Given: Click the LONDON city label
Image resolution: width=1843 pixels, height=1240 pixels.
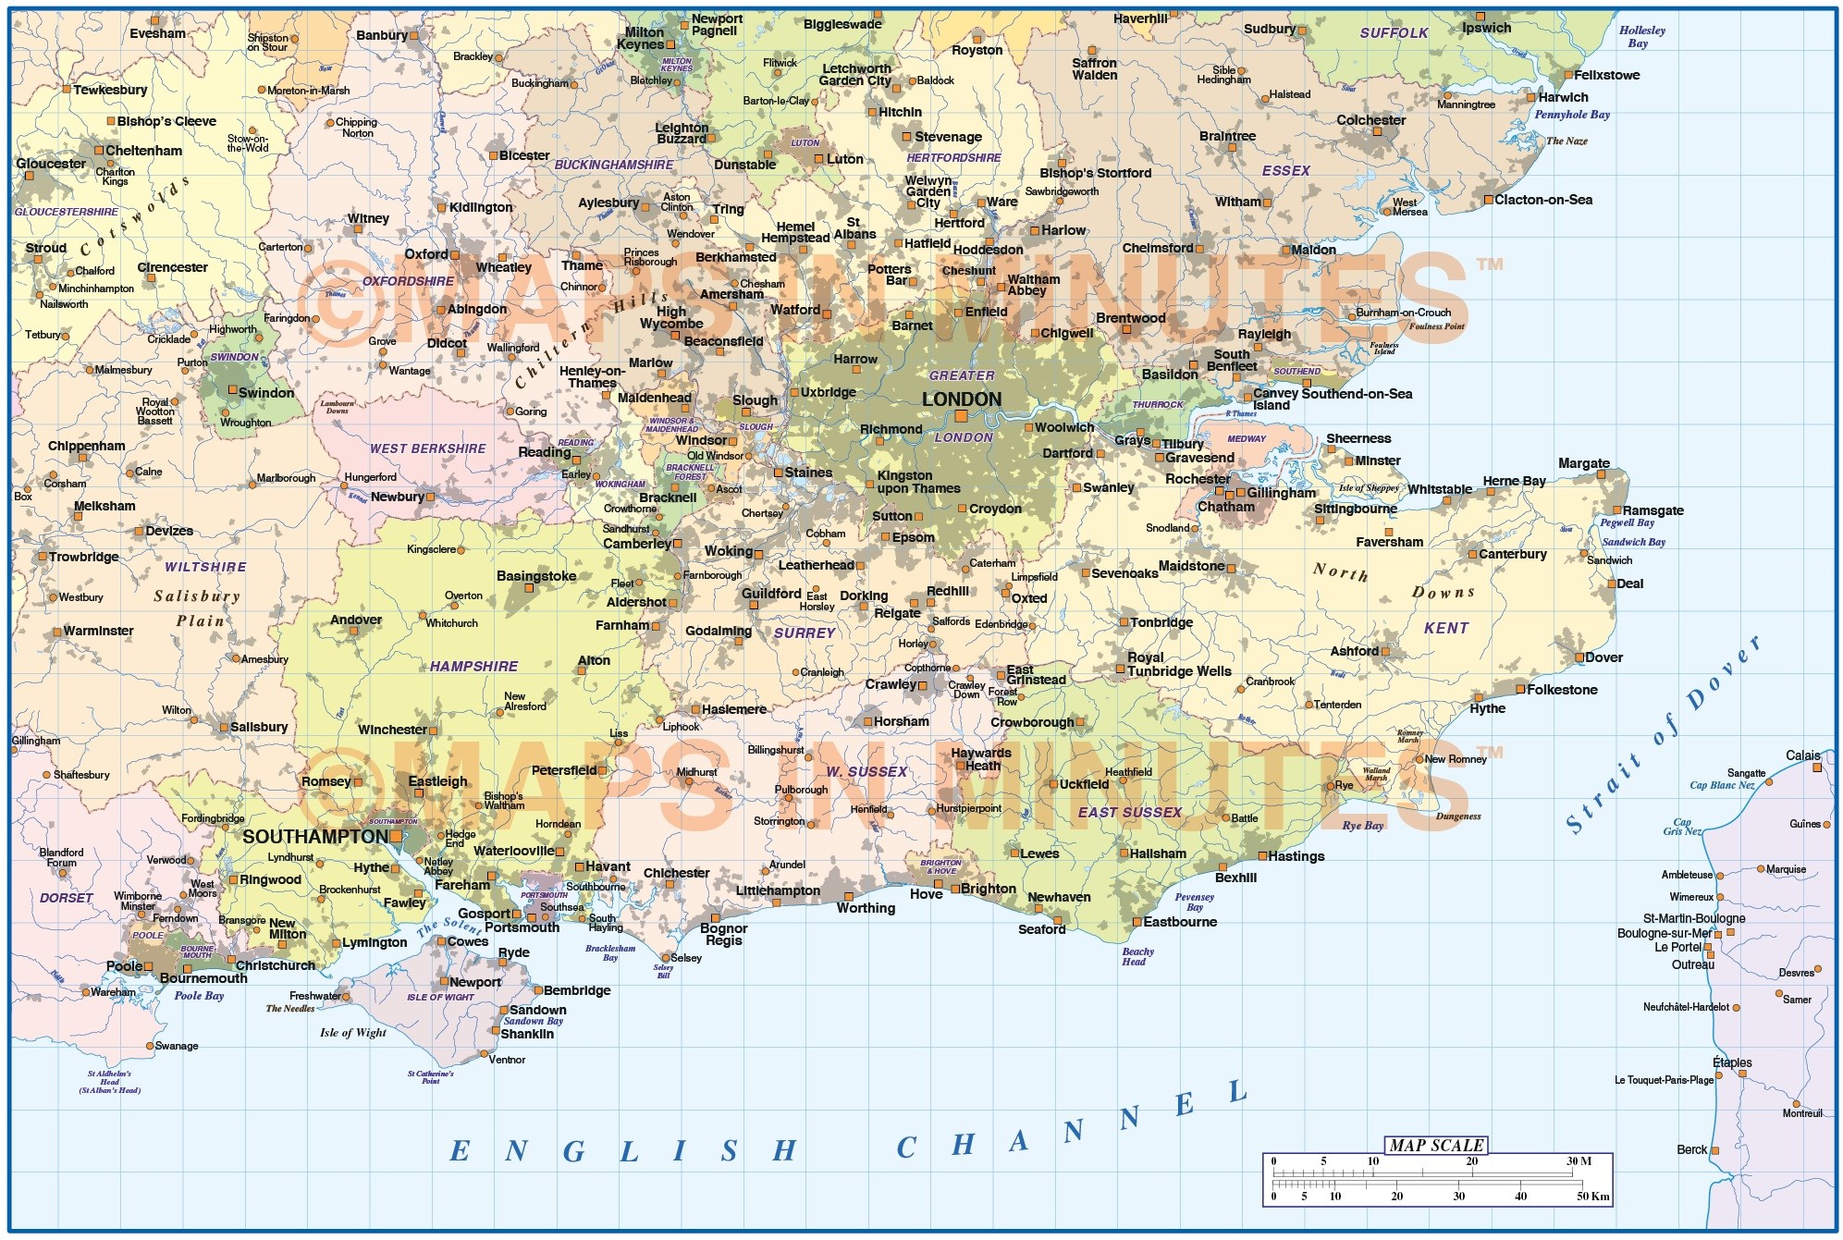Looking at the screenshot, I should (961, 399).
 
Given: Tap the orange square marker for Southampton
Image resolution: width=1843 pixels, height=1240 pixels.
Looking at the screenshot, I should (396, 836).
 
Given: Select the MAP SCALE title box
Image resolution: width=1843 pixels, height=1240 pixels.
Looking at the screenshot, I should (1436, 1146).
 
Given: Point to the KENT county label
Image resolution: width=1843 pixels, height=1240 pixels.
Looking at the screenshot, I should (1446, 628).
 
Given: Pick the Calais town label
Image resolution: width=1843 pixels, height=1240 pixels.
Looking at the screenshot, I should (1802, 755).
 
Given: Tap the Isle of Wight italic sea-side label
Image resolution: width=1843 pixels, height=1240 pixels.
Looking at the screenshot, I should (353, 1033).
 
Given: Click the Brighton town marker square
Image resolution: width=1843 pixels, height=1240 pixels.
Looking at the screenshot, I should (955, 889).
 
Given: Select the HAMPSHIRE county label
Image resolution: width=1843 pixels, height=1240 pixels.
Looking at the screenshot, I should (473, 666).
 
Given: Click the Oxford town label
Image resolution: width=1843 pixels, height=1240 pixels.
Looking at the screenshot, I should (425, 254).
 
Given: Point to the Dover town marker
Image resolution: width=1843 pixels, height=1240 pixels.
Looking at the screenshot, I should (1579, 657).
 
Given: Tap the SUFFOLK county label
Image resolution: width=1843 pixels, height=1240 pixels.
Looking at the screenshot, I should (1394, 33).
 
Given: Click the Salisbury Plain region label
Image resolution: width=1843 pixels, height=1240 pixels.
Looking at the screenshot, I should (198, 608).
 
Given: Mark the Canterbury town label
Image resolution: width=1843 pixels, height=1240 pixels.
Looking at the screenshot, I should (1512, 554).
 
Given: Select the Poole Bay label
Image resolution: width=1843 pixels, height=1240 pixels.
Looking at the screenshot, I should (199, 996).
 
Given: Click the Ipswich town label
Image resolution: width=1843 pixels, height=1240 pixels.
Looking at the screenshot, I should (1486, 29).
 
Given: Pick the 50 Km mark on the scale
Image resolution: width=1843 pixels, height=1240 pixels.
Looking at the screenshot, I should (1592, 1197).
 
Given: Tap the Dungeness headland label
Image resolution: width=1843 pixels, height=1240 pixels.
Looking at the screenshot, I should (1458, 816).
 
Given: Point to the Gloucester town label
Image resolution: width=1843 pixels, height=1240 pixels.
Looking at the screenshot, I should (51, 164).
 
